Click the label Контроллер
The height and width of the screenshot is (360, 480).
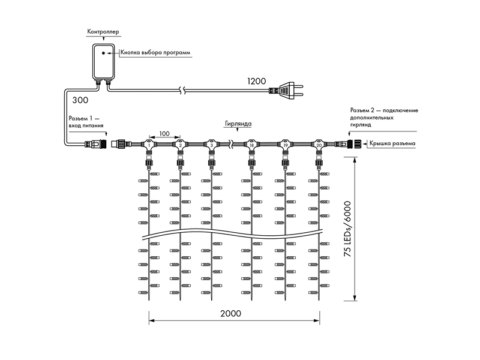click(103, 32)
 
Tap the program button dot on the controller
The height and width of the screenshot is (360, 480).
click(103, 53)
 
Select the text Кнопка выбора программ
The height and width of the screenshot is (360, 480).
click(155, 52)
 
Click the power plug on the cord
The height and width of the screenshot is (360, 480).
click(286, 91)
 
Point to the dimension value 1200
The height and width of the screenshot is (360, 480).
click(257, 81)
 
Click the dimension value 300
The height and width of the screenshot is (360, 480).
click(80, 100)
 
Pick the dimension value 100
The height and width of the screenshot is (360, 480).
click(164, 134)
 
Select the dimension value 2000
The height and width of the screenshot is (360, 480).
click(230, 313)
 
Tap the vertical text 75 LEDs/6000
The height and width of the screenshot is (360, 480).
click(347, 229)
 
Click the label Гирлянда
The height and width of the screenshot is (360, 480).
click(238, 124)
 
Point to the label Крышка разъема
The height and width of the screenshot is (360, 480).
click(392, 143)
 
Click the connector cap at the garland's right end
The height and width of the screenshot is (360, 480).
click(357, 143)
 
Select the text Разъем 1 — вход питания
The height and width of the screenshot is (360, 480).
click(86, 122)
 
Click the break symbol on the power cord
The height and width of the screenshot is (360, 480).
click(182, 90)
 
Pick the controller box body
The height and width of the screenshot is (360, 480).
click(103, 61)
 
